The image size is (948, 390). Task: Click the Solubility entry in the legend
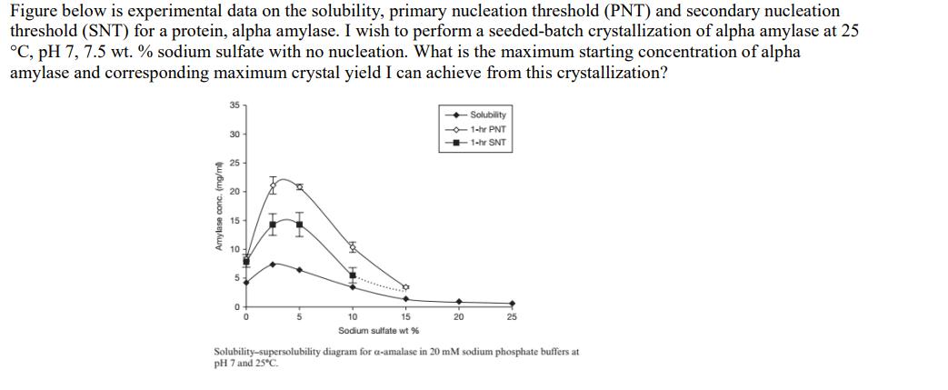pyautogui.click(x=489, y=115)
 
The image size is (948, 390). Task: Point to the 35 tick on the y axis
pyautogui.click(x=233, y=106)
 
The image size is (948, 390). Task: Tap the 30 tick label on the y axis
pyautogui.click(x=233, y=135)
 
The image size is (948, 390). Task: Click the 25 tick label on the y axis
pyautogui.click(x=233, y=163)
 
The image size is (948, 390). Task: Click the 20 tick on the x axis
pyautogui.click(x=459, y=316)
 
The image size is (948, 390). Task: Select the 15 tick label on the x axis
pyautogui.click(x=405, y=316)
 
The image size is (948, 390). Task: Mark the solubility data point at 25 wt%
pyautogui.click(x=512, y=305)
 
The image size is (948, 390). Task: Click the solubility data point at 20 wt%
pyautogui.click(x=459, y=302)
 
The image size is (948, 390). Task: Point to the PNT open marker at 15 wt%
pyautogui.click(x=406, y=286)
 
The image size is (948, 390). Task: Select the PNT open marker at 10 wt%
pyautogui.click(x=353, y=245)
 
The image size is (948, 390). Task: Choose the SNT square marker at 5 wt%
pyautogui.click(x=299, y=221)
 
